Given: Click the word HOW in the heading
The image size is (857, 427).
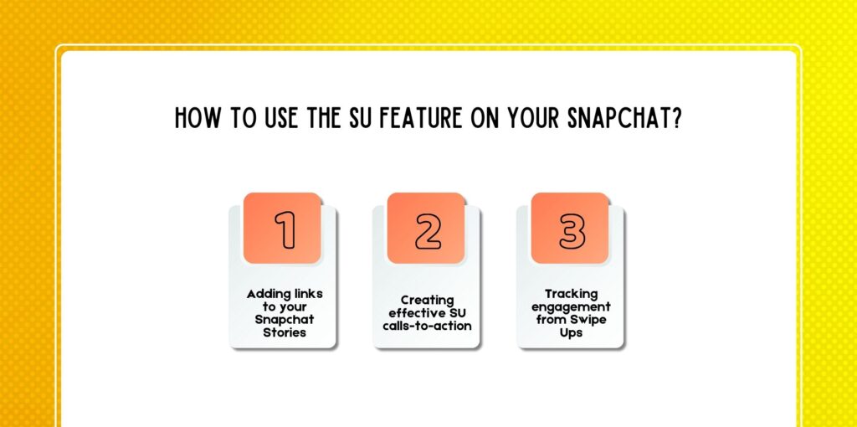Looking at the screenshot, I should [x=195, y=119].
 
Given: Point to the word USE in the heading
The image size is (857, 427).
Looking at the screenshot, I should [x=273, y=119].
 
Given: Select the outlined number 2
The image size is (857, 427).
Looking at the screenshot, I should [x=428, y=230].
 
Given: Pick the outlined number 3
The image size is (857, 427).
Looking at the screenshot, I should [x=572, y=230].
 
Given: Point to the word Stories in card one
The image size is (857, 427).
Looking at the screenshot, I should [x=282, y=332].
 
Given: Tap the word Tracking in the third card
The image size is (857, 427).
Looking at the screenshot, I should [x=571, y=294].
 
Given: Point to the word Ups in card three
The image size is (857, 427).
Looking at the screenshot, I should [x=571, y=332].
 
